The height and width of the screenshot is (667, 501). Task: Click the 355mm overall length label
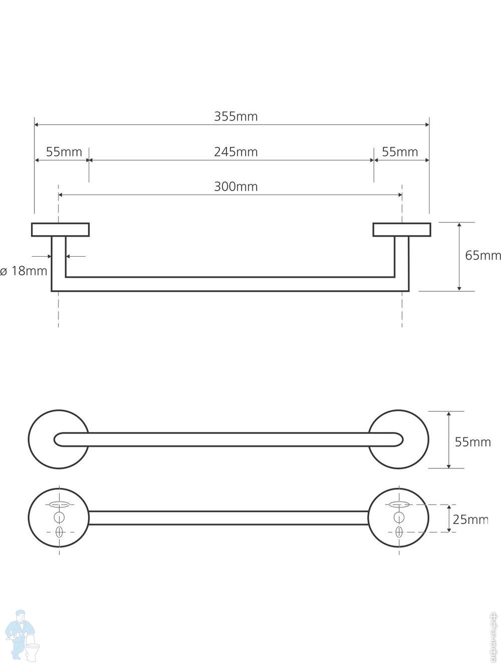(x=236, y=117)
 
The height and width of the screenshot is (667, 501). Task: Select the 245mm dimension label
(x=236, y=152)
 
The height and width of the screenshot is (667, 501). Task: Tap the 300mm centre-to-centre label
(x=236, y=187)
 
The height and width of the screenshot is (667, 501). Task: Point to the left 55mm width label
(x=64, y=152)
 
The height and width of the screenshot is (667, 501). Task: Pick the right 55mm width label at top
(x=400, y=152)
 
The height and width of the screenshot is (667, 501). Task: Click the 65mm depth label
(x=483, y=256)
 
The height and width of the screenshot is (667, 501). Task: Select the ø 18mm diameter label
(x=24, y=271)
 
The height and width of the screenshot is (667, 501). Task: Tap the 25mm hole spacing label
(x=470, y=520)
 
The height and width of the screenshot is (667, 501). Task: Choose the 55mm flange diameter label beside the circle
(x=473, y=442)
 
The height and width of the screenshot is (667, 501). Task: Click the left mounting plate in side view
(x=60, y=230)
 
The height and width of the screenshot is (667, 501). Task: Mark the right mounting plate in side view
(x=402, y=230)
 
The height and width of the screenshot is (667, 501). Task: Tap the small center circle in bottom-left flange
(x=59, y=517)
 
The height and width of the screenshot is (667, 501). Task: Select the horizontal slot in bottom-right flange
(x=399, y=505)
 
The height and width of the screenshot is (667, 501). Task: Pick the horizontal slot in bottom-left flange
(x=59, y=505)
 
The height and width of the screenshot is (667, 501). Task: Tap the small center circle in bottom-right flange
(x=399, y=517)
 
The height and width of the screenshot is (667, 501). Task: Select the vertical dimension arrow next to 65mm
(x=459, y=257)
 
